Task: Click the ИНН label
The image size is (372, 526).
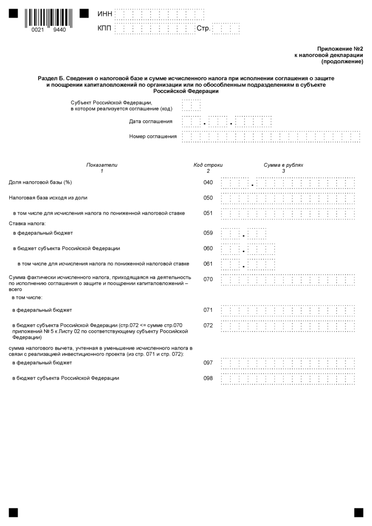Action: coord(104,15)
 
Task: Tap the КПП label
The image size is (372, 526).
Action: coord(104,29)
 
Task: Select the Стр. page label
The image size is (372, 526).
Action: coord(203,29)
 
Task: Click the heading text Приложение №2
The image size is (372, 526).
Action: coord(340,49)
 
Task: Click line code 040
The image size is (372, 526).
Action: coord(208,182)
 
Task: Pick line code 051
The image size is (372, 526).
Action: coord(208,213)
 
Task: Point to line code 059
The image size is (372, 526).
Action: coord(208,233)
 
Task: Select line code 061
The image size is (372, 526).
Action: coord(208,264)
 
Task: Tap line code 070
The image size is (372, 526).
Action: coord(208,279)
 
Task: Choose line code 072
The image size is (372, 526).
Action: coord(208,325)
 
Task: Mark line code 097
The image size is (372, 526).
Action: coord(208,363)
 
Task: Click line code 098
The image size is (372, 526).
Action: coord(208,378)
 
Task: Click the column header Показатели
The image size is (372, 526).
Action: coord(102,165)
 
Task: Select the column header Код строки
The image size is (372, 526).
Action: coord(208,165)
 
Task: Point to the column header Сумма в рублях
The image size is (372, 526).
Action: coord(283,165)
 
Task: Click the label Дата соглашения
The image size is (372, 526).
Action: coord(150,122)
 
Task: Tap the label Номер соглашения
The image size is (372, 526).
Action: coord(153,137)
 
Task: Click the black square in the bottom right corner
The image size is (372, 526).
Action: coord(358,512)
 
